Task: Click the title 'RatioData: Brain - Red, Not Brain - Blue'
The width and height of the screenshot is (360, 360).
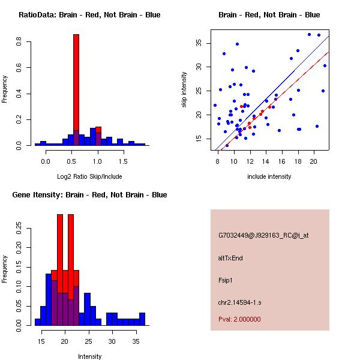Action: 89,15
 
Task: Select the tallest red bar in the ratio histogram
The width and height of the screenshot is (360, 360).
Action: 76,84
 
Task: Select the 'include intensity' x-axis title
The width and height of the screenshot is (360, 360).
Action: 269,176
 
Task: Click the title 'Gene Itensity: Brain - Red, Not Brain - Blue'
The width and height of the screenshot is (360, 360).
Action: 89,195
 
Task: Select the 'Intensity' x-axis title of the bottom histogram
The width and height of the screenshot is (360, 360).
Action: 89,356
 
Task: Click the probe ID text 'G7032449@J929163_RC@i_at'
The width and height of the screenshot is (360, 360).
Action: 263,236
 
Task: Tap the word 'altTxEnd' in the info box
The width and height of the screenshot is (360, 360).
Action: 230,258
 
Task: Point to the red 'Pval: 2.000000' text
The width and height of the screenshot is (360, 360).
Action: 239,319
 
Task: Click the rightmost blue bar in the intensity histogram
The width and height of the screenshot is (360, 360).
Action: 142,319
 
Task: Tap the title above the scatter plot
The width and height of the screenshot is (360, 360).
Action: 269,15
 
